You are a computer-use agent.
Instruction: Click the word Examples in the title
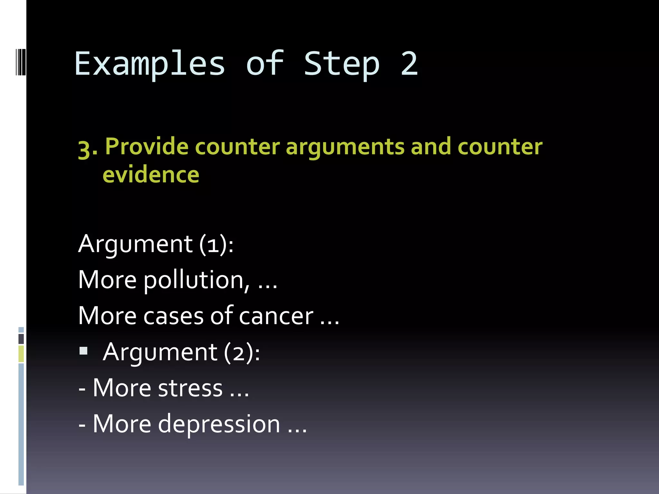pyautogui.click(x=150, y=64)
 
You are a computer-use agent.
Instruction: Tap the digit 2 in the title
pyautogui.click(x=409, y=64)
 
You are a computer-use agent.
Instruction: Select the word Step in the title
pyautogui.click(x=342, y=64)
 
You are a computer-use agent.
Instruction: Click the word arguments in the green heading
pyautogui.click(x=345, y=147)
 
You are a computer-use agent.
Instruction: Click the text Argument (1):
pyautogui.click(x=156, y=244)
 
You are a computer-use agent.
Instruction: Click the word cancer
pyautogui.click(x=276, y=316)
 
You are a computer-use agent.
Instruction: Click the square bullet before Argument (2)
pyautogui.click(x=84, y=351)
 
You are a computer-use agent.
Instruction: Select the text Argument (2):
pyautogui.click(x=181, y=352)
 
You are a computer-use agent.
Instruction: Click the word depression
pyautogui.click(x=219, y=424)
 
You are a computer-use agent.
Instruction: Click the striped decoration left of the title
pyautogui.click(x=21, y=62)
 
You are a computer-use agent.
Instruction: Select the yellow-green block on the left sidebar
pyautogui.click(x=21, y=353)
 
